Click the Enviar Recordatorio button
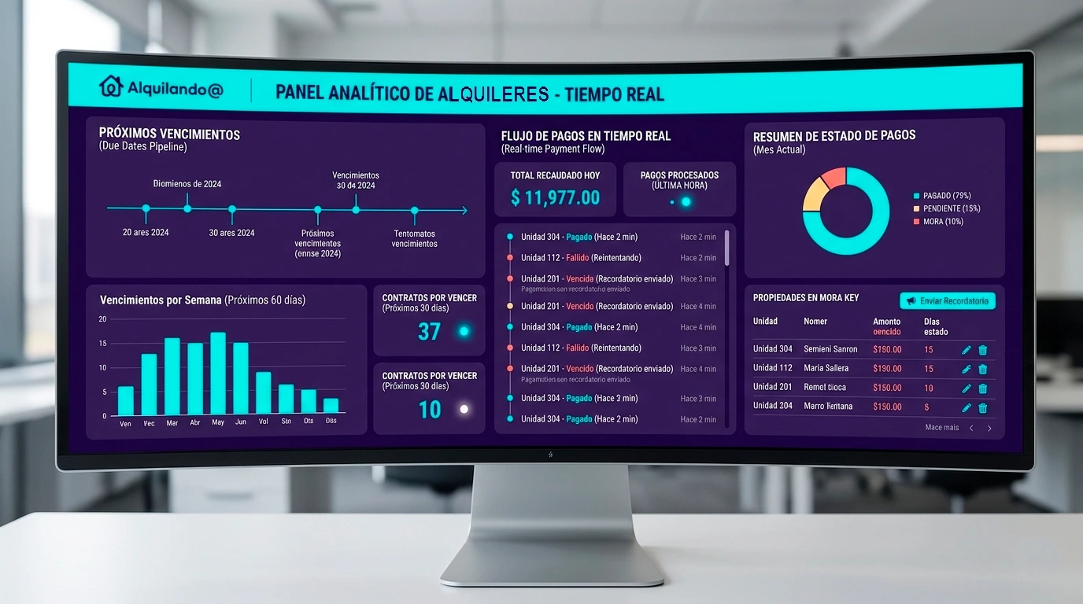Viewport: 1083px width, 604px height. tap(948, 301)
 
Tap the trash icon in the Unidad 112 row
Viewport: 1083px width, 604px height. tap(982, 369)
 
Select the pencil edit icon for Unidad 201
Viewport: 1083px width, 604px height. tap(967, 389)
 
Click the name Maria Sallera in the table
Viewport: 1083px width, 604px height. tap(826, 368)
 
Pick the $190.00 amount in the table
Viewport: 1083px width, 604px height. tap(887, 368)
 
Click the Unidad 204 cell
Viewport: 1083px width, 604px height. tap(772, 406)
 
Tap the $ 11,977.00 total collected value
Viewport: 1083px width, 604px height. tap(555, 197)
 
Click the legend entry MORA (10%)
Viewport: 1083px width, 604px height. tap(937, 222)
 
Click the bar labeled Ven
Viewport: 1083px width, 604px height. tap(126, 400)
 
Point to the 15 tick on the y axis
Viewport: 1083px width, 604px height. tap(102, 343)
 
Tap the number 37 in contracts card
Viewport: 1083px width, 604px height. tap(429, 331)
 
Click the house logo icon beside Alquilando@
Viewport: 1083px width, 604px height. tap(111, 87)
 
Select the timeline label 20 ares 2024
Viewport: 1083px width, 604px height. tap(146, 233)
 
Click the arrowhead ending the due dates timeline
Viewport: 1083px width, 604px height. tap(464, 210)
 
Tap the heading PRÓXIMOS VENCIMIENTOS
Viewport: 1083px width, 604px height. tap(169, 134)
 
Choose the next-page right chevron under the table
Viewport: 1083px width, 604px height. tap(989, 429)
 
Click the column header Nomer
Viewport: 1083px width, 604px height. tap(815, 322)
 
